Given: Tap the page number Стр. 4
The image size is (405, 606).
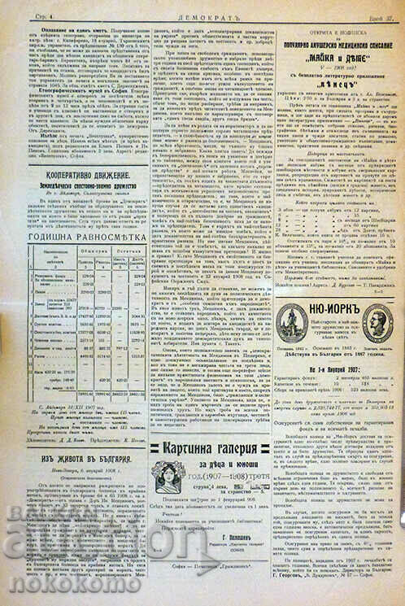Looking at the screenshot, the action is [x=20, y=14].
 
